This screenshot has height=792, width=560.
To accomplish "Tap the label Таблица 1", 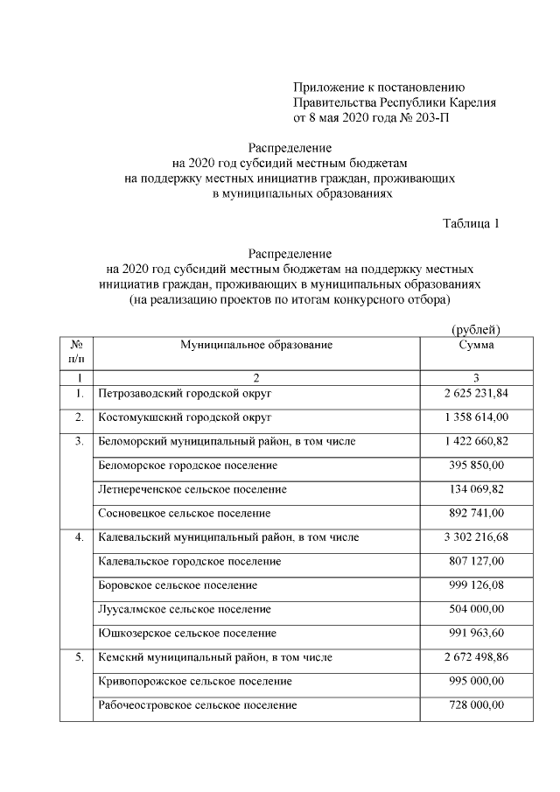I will [x=471, y=223].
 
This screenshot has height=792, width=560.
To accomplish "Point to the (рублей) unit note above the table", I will [x=475, y=329].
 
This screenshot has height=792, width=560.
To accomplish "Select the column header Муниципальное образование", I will [x=256, y=345].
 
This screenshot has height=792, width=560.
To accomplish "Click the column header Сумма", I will [x=476, y=345].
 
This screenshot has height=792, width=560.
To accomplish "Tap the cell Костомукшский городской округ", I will [x=185, y=417].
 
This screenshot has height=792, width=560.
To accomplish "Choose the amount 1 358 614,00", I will [x=476, y=417].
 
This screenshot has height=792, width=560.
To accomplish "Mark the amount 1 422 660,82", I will [x=476, y=441].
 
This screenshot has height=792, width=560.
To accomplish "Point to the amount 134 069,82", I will [x=476, y=489].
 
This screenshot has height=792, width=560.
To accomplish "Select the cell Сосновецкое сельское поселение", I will [x=185, y=514].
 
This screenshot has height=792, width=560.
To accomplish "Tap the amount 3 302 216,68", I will [x=476, y=537].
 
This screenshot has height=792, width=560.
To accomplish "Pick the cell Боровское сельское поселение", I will [x=178, y=585].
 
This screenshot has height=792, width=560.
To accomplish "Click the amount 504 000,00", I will [x=476, y=609].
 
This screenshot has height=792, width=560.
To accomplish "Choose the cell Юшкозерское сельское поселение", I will [x=187, y=633].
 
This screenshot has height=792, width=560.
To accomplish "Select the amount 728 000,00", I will [x=476, y=704].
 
